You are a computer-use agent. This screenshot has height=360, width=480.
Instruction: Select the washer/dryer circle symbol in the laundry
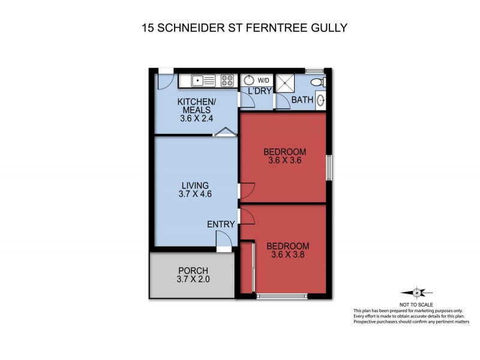[x=250, y=80]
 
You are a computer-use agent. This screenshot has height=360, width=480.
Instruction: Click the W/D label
[x=263, y=80]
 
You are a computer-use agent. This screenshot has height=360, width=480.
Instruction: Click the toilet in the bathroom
[x=321, y=82]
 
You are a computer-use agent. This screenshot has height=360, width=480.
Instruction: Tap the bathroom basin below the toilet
[x=321, y=100]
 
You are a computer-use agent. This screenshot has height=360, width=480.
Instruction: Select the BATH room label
[x=302, y=100]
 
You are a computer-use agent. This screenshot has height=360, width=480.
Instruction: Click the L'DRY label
[x=257, y=91]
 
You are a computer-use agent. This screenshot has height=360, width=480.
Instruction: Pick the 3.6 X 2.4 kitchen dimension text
[x=196, y=119]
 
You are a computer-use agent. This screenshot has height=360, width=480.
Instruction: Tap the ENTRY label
[x=221, y=224]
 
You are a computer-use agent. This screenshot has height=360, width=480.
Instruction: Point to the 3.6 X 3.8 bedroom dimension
[x=287, y=256]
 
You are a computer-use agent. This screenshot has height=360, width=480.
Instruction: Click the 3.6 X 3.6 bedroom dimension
[x=285, y=160]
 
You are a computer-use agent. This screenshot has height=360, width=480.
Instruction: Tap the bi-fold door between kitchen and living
[x=224, y=133]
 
